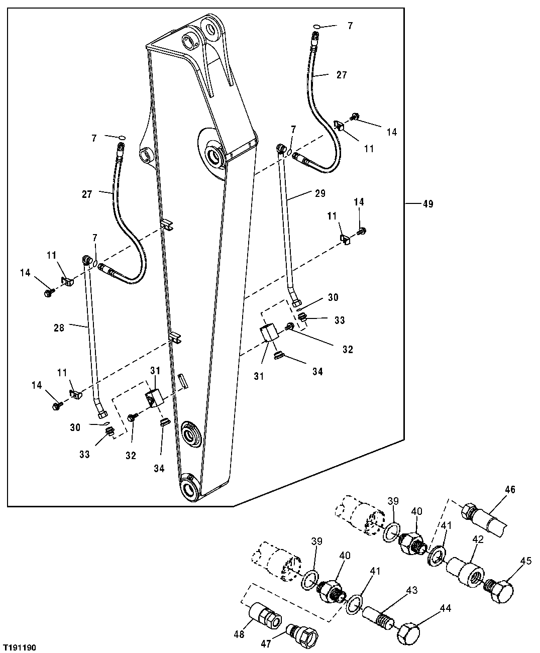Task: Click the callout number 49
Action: [x=427, y=204]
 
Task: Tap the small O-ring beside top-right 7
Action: [x=316, y=26]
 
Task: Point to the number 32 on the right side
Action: [x=347, y=350]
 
